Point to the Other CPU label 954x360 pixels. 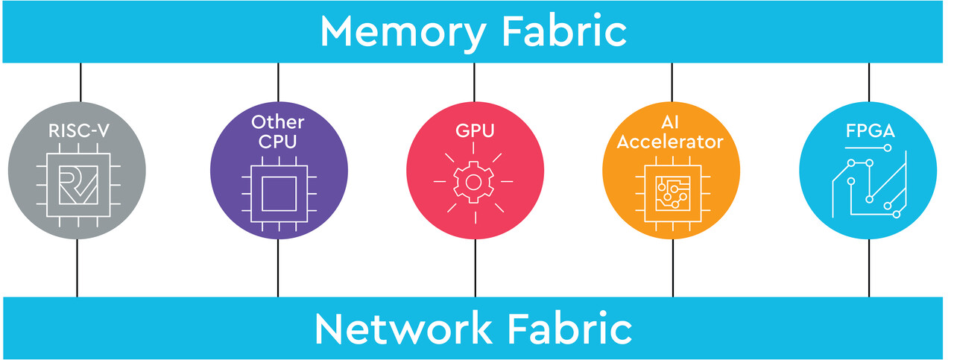(278, 130)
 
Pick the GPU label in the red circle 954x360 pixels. (475, 132)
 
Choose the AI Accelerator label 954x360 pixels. (672, 130)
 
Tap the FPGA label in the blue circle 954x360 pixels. (869, 132)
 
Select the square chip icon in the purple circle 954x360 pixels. (278, 194)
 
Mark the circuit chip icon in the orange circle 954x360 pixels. (672, 194)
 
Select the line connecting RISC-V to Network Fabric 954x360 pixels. (78, 268)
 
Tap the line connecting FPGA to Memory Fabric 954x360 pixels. (869, 82)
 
